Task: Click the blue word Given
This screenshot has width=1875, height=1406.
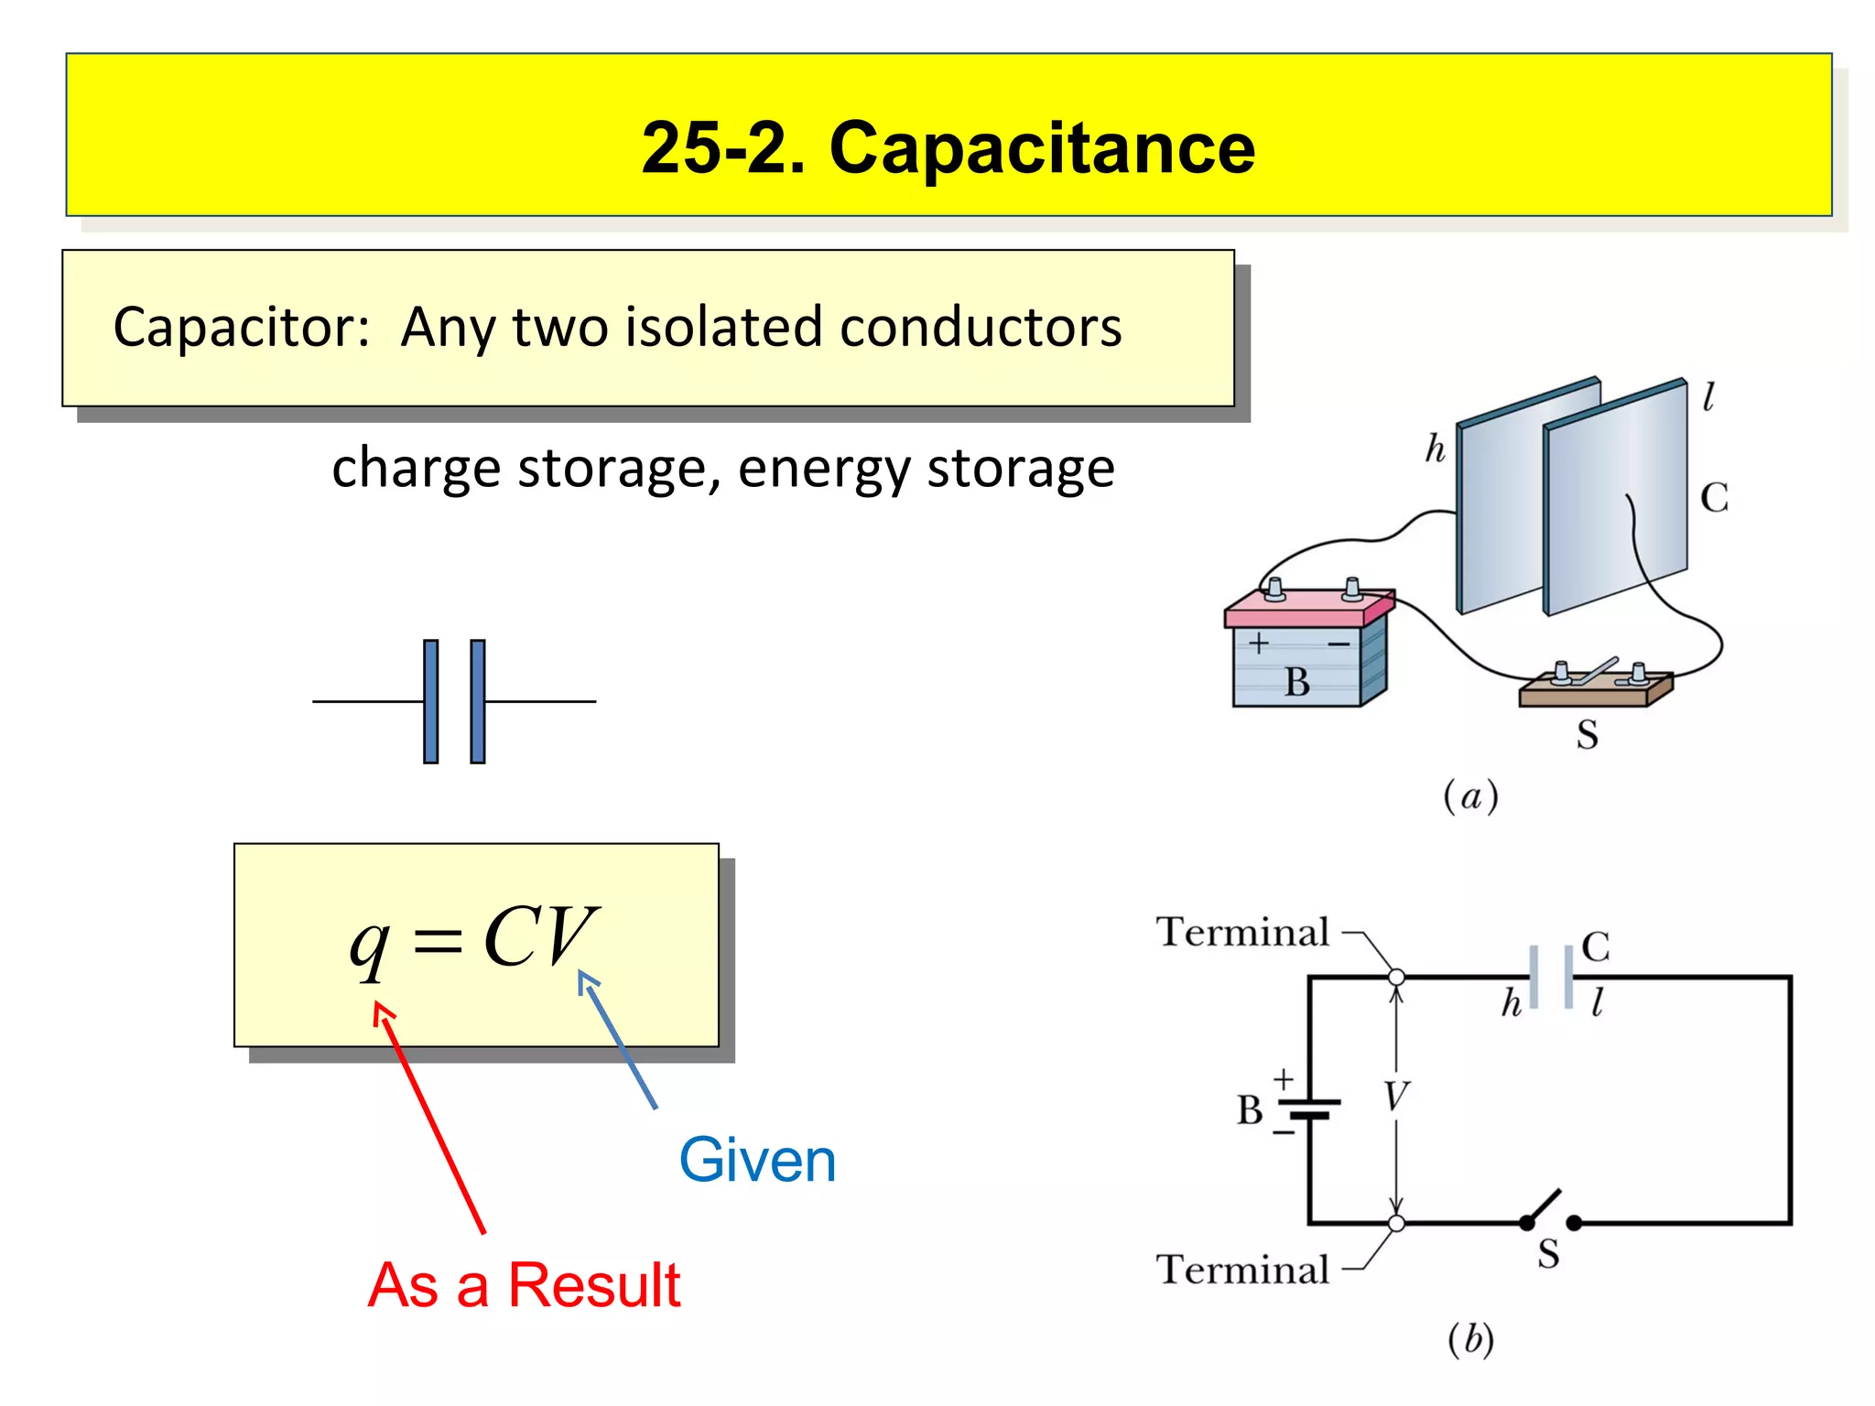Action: click(x=757, y=1161)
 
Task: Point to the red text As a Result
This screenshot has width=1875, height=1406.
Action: click(x=524, y=1285)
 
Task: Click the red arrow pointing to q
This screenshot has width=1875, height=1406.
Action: click(x=430, y=1117)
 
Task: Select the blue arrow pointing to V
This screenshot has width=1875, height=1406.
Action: click(x=620, y=1042)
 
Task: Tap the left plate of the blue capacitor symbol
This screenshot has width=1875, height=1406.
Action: click(x=430, y=701)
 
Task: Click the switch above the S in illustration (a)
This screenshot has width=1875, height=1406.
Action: click(x=1595, y=682)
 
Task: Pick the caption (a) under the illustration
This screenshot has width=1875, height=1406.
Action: click(x=1470, y=796)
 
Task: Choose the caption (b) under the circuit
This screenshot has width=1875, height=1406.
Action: click(x=1470, y=1338)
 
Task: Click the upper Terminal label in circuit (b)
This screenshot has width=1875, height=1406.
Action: click(x=1242, y=933)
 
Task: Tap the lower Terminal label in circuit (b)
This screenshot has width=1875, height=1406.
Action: click(x=1242, y=1271)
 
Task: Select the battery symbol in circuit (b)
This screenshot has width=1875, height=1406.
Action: click(x=1309, y=1109)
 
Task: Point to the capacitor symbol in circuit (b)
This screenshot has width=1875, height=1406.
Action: click(x=1551, y=978)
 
